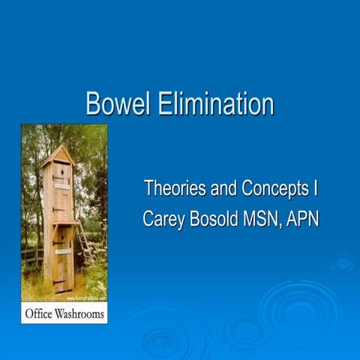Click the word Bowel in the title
(118, 104)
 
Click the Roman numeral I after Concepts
(316, 189)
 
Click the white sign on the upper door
(61, 182)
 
